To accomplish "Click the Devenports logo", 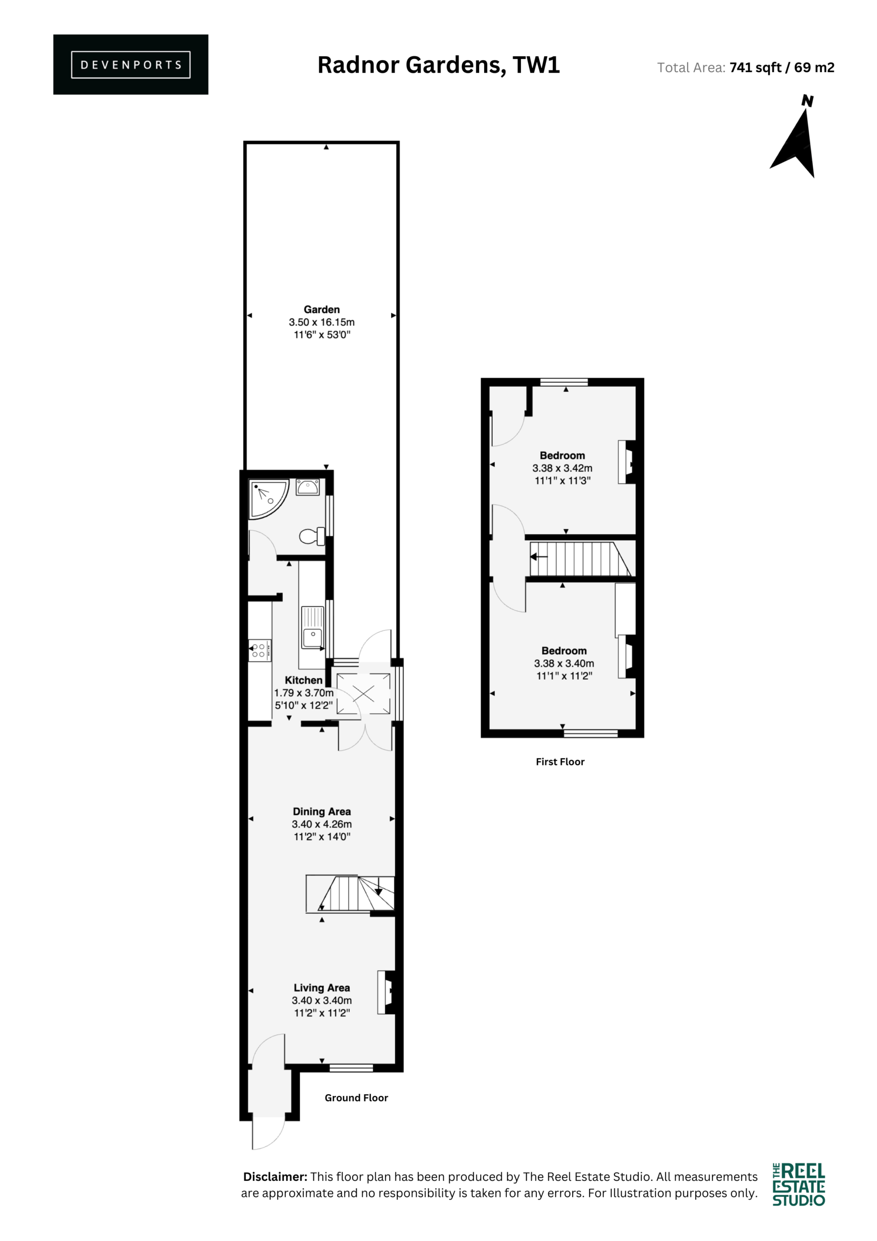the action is (x=130, y=64).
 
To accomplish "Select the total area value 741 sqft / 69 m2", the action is (x=782, y=67).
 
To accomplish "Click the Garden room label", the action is (x=322, y=310).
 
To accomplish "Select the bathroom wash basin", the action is (x=308, y=487).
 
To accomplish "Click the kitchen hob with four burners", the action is (x=260, y=650).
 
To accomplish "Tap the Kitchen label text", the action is (x=303, y=681).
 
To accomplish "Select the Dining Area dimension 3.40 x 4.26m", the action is (x=322, y=824).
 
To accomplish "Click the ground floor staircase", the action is (x=350, y=894).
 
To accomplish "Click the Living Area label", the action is (x=322, y=988).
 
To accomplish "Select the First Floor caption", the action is (x=560, y=762).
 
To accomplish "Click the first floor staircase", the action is (x=580, y=559).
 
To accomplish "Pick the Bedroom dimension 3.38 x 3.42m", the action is (x=562, y=468).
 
